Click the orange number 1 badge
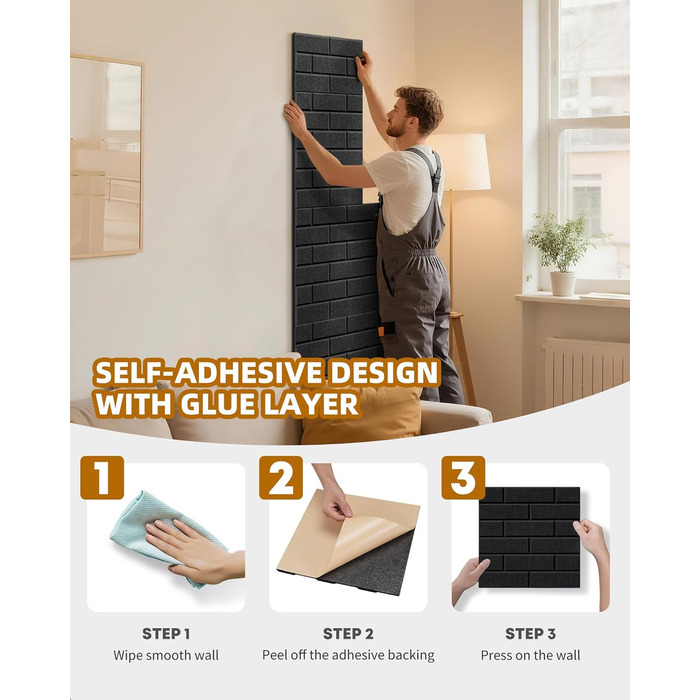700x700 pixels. click(102, 477)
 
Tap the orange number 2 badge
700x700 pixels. click(281, 477)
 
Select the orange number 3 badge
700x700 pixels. click(463, 477)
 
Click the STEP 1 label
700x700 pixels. click(166, 633)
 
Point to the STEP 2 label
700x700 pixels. click(348, 633)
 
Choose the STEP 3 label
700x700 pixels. click(530, 633)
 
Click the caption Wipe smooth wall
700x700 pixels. click(166, 655)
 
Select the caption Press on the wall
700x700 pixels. click(530, 655)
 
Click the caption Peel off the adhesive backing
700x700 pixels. click(348, 655)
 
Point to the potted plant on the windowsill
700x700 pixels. click(562, 253)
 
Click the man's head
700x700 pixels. click(416, 112)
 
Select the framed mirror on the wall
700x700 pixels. click(106, 156)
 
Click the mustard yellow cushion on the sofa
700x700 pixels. click(362, 415)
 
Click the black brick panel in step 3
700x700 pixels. click(529, 537)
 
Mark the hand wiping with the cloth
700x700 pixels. click(196, 551)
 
